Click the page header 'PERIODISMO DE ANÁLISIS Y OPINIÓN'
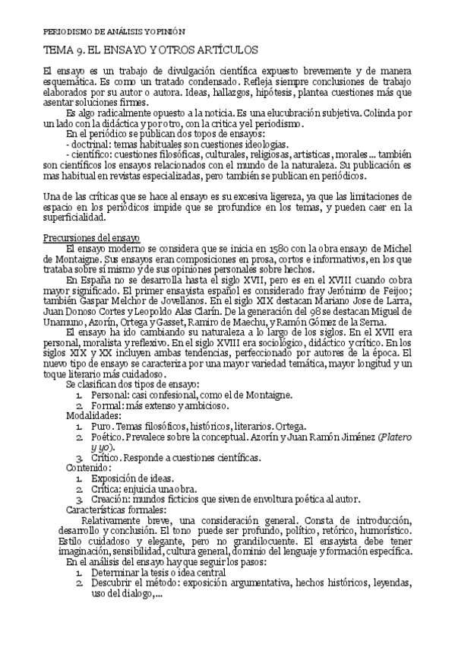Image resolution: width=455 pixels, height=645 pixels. pyautogui.click(x=110, y=32)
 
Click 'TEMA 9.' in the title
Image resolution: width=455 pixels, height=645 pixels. pyautogui.click(x=63, y=50)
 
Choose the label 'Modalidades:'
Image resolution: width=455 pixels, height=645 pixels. pyautogui.click(x=93, y=416)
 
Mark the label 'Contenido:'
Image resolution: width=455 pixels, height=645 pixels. pyautogui.click(x=89, y=468)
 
